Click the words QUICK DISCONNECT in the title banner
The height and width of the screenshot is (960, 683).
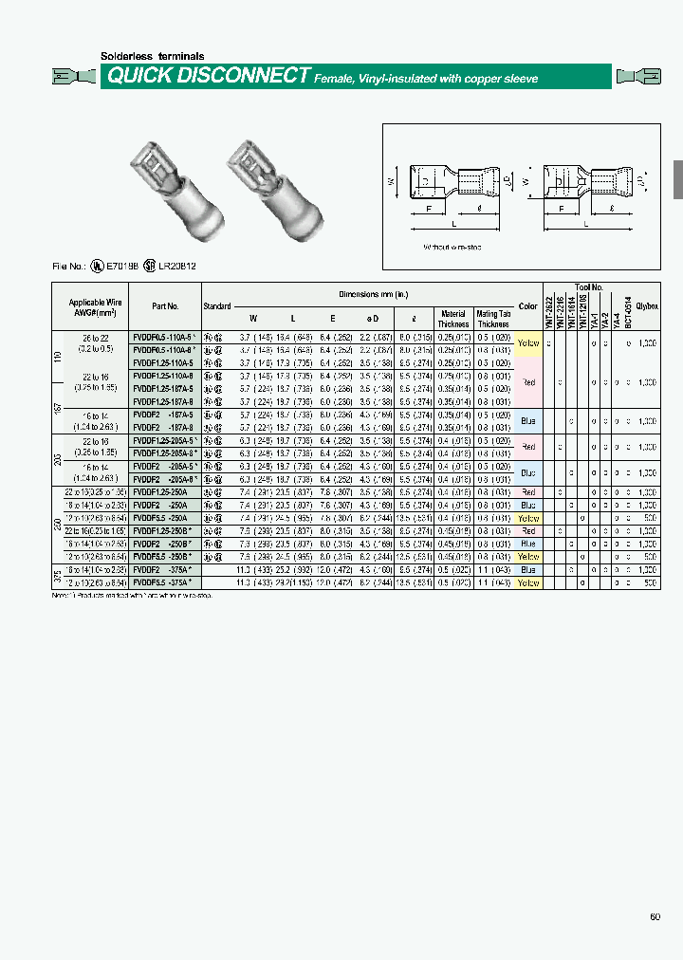209,76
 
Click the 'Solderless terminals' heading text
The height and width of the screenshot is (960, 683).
152,56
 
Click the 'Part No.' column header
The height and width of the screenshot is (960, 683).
164,306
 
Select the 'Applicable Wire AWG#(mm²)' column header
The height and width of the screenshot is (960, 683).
89,306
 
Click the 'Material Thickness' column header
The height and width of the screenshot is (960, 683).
452,319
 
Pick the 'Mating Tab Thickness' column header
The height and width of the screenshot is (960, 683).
493,319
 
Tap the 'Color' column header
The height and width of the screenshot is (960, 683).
528,306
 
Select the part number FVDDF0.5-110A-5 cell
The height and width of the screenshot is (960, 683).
164,337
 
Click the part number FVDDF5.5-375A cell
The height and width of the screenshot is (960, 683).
164,583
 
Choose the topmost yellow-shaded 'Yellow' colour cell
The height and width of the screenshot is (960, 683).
528,343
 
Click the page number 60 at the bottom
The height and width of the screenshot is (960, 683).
655,916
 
